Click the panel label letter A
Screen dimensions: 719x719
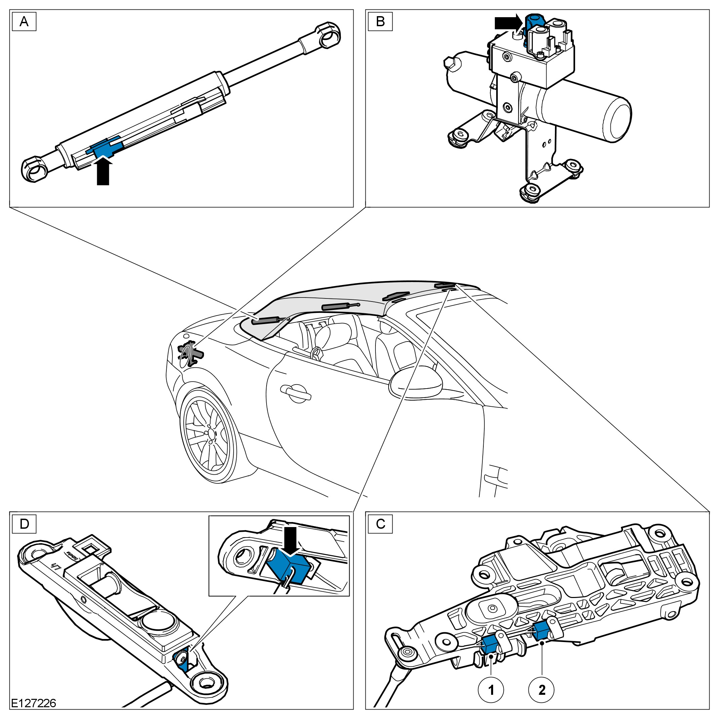tap(24, 22)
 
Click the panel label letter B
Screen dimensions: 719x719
tap(380, 22)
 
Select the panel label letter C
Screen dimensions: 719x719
tap(380, 524)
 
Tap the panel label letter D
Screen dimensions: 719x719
tap(24, 524)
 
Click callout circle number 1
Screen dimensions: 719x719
tap(491, 690)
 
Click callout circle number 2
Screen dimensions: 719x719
tap(542, 690)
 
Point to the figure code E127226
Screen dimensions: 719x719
tap(34, 703)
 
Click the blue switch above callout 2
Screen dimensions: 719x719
tap(541, 631)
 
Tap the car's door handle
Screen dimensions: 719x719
tap(296, 394)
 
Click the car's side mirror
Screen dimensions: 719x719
tap(416, 382)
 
